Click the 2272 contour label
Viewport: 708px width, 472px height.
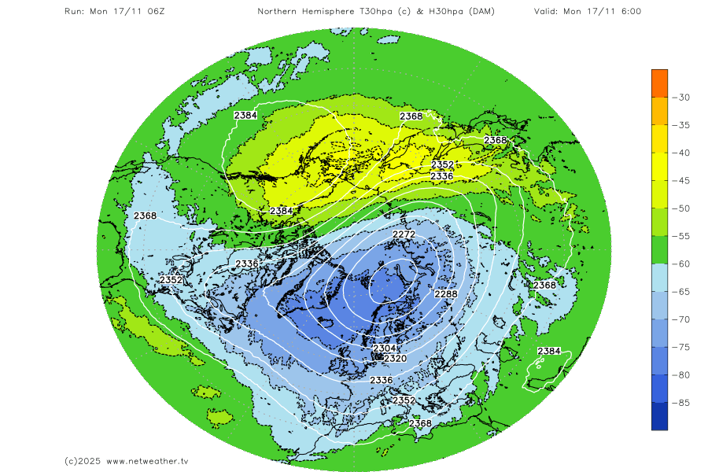(404, 234)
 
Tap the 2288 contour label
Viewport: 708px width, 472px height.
(446, 294)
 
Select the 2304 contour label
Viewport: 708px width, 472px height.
(384, 348)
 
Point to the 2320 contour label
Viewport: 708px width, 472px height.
(395, 358)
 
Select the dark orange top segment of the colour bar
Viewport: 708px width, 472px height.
(659, 83)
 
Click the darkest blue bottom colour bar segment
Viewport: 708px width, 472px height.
(659, 416)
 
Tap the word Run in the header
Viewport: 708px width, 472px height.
(73, 11)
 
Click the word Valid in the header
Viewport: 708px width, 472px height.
(547, 11)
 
